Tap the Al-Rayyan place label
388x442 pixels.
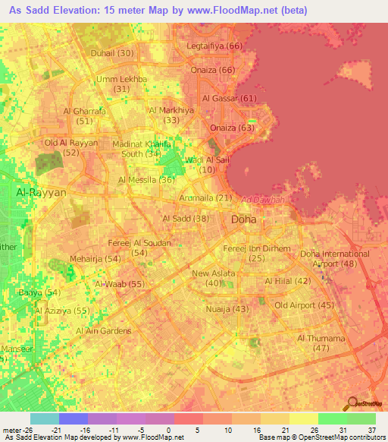click(x=42, y=193)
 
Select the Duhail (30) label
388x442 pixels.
click(x=112, y=53)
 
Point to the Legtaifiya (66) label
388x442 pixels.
click(x=214, y=46)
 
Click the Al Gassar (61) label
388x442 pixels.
click(x=230, y=99)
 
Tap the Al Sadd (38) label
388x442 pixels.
click(x=186, y=219)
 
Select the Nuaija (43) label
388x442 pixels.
click(x=227, y=309)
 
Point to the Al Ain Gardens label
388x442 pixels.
click(x=104, y=331)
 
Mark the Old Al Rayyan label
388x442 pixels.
click(x=72, y=143)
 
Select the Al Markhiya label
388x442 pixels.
click(x=172, y=110)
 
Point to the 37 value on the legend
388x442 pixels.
click(x=371, y=428)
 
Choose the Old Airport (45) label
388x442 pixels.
click(x=305, y=305)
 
